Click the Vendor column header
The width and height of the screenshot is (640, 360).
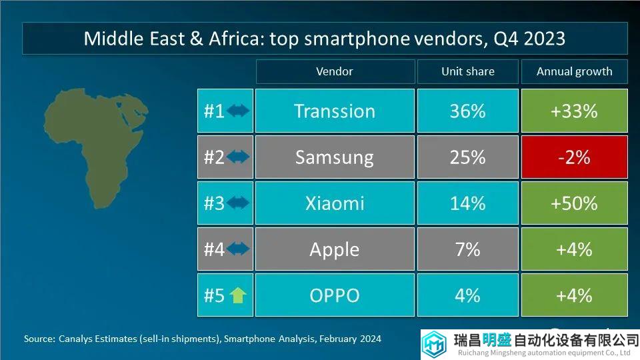335,71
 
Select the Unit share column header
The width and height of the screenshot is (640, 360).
468,71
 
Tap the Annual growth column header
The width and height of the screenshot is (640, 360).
574,71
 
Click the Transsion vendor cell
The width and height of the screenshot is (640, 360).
335,111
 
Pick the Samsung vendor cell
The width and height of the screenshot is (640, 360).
335,157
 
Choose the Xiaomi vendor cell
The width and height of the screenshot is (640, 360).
335,203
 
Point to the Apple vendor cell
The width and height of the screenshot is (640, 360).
335,249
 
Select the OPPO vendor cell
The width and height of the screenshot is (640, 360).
335,295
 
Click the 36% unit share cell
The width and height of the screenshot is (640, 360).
468,111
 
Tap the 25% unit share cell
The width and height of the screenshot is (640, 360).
468,157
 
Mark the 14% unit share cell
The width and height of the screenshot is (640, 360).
468,203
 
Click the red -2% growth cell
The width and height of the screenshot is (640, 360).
574,157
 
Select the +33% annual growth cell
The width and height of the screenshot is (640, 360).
574,111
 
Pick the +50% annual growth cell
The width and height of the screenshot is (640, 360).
574,203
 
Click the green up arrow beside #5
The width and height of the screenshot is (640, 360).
238,295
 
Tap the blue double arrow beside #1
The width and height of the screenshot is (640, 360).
238,110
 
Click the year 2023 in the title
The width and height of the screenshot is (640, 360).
545,39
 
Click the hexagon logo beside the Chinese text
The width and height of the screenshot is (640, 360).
434,344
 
